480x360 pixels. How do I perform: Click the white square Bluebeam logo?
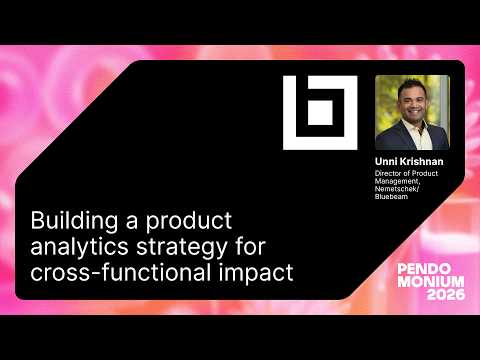click(x=319, y=113)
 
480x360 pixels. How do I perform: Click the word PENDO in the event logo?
click(x=424, y=270)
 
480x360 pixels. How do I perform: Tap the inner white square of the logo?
click(x=319, y=113)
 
